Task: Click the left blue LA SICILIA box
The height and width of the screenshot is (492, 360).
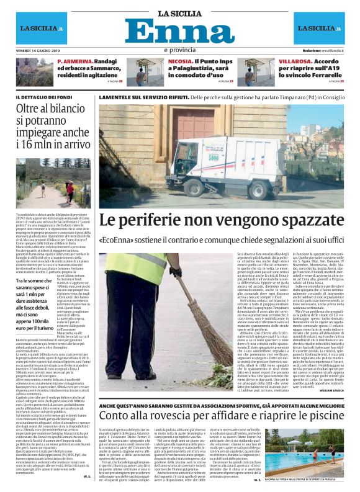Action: click(x=41, y=29)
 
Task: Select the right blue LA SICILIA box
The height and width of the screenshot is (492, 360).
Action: click(x=319, y=29)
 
